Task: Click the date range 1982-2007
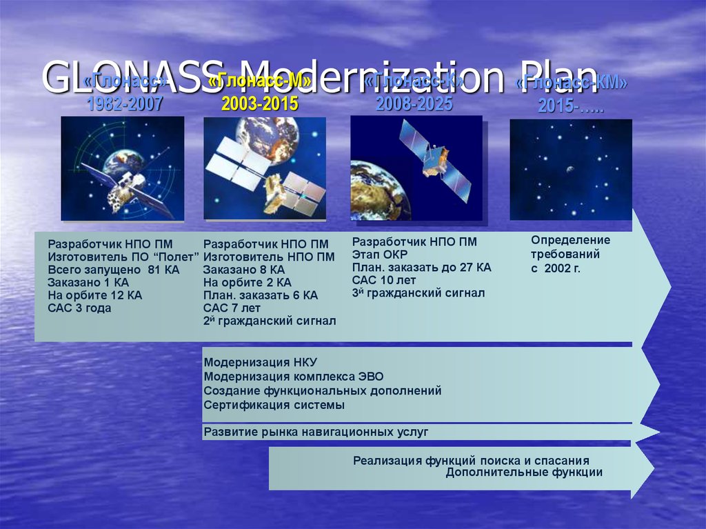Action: point(125,105)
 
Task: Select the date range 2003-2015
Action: point(260,104)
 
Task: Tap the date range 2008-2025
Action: point(414,104)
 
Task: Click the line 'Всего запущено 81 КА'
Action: point(113,270)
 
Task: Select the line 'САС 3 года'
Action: point(79,308)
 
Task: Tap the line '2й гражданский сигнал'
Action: point(270,321)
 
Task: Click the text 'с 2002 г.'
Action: point(556,268)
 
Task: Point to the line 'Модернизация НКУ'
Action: point(260,363)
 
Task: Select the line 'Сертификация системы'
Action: point(274,406)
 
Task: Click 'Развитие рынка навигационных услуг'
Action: point(316,432)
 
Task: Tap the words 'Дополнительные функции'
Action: point(524,472)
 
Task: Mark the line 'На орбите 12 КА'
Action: point(95,295)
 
